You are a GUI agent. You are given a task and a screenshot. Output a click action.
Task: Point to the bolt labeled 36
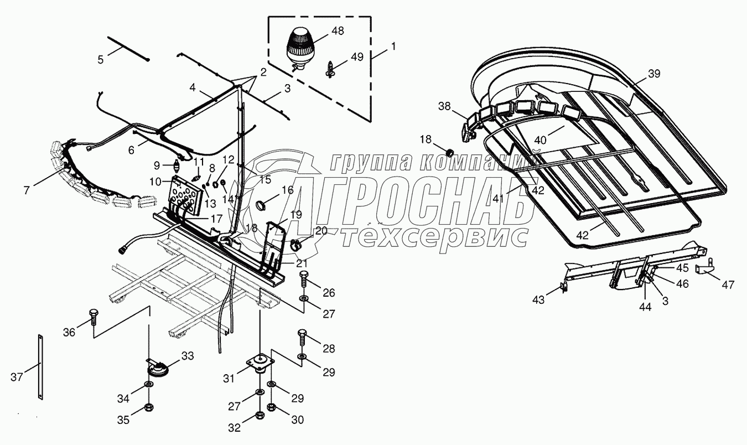(92, 318)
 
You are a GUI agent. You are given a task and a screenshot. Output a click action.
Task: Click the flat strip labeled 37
(40, 366)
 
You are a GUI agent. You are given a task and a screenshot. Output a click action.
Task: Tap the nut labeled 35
(149, 408)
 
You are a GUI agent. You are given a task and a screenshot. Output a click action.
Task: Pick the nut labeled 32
(260, 415)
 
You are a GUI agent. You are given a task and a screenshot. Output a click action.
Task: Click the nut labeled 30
(272, 408)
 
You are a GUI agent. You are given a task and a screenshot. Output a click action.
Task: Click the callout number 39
(655, 74)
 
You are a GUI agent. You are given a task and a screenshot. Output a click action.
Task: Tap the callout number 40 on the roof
(540, 141)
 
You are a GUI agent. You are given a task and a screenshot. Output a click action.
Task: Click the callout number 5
(101, 59)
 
